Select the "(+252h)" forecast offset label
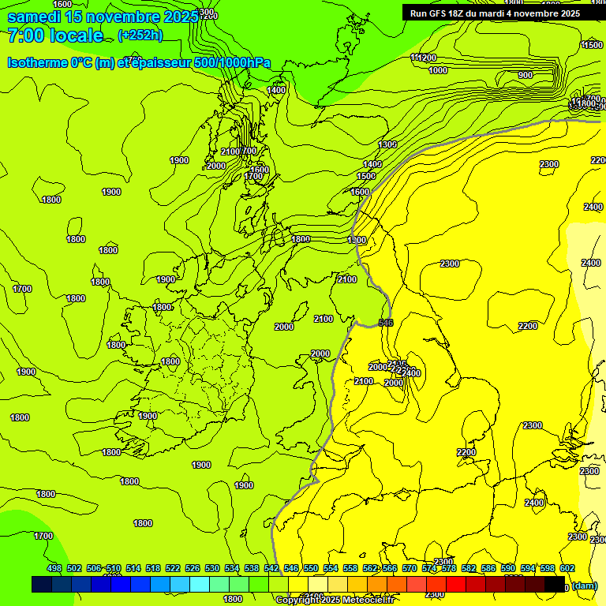[x=140, y=36]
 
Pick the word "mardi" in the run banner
[x=496, y=13]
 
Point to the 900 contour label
[x=526, y=76]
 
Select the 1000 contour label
[x=438, y=70]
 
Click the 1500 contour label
[x=366, y=176]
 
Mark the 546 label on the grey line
[x=386, y=323]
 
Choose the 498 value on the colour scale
[x=54, y=568]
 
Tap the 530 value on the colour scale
[x=212, y=568]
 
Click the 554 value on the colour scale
[x=331, y=568]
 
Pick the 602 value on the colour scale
[x=567, y=568]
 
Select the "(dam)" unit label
[x=584, y=585]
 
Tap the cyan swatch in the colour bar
[x=200, y=584]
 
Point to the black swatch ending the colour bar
[x=555, y=584]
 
